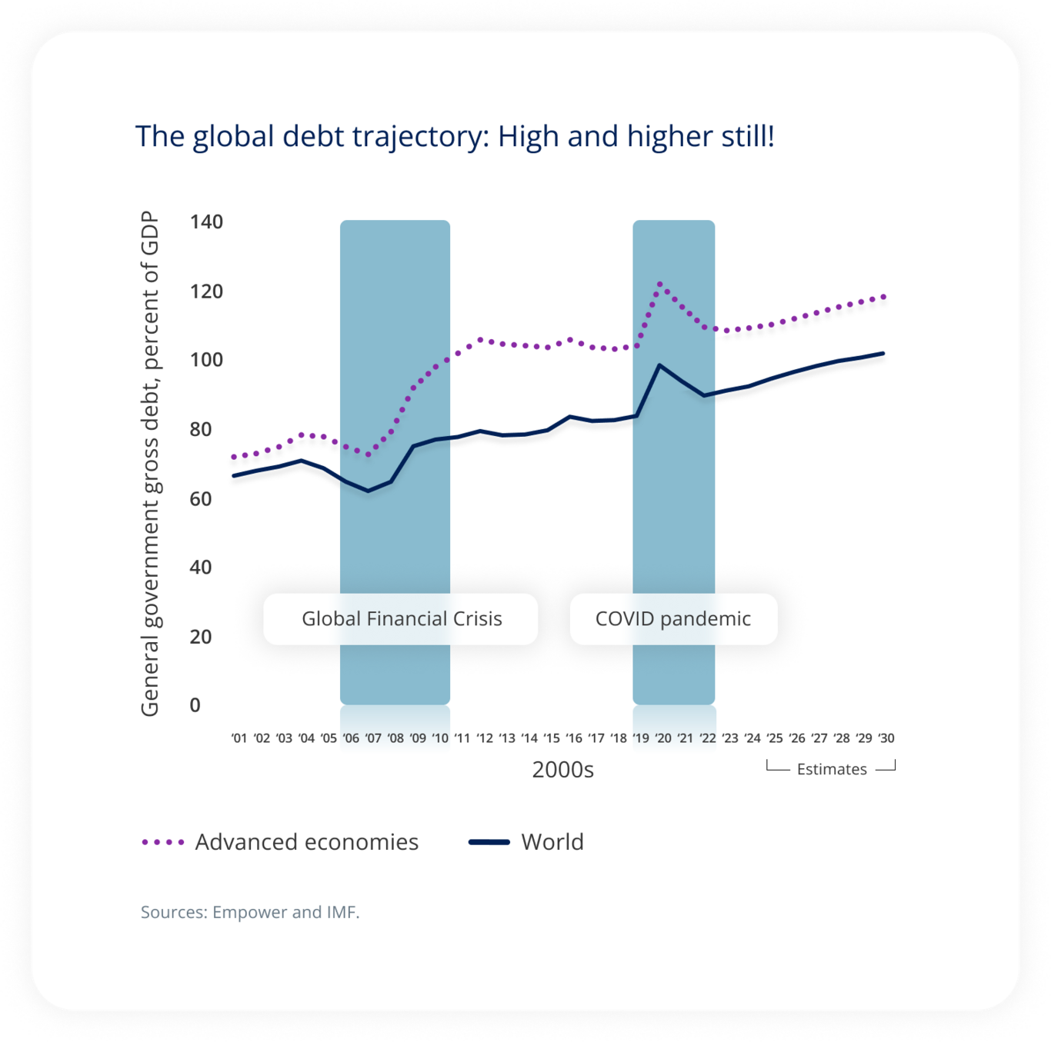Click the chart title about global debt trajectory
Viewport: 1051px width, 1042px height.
[x=455, y=136]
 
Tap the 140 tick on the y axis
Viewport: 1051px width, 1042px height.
[x=206, y=222]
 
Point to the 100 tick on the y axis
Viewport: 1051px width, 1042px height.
[x=206, y=360]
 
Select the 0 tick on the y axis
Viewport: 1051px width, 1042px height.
[x=195, y=705]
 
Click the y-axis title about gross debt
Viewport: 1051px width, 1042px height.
[x=149, y=464]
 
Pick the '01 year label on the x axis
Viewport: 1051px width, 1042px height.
[x=239, y=738]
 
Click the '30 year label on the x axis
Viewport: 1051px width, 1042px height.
[x=886, y=738]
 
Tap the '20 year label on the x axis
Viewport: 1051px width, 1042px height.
[x=663, y=738]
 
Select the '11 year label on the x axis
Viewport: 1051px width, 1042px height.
[x=462, y=738]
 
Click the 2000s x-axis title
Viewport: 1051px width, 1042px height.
[x=562, y=770]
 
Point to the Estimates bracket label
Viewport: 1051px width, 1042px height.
[x=831, y=769]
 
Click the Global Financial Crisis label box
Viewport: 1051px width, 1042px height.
[x=401, y=619]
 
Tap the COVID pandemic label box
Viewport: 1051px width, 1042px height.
[x=673, y=619]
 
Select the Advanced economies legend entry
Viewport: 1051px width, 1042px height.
[x=281, y=842]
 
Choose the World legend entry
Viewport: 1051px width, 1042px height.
[x=527, y=842]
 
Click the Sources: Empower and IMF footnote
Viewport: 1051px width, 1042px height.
[x=250, y=912]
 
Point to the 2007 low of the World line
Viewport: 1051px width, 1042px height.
[x=369, y=491]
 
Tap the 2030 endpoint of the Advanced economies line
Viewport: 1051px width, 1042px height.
[x=884, y=296]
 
